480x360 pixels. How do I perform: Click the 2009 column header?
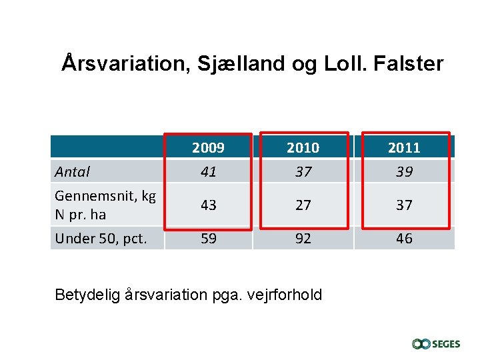click(208, 147)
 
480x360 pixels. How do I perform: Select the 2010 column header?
click(303, 147)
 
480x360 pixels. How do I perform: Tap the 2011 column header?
click(404, 147)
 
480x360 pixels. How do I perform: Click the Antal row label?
click(72, 172)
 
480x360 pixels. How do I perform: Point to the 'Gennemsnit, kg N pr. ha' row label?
click(105, 205)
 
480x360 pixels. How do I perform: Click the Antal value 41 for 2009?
click(208, 172)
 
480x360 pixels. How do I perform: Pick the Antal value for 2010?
click(303, 172)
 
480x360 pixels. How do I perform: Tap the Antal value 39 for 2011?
click(404, 172)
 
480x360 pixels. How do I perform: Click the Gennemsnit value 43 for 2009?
click(208, 205)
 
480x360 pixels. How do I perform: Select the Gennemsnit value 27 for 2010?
click(303, 205)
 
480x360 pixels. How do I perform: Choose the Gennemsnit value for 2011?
click(404, 205)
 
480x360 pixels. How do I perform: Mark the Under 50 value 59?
click(208, 239)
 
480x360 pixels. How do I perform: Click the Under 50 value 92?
click(303, 239)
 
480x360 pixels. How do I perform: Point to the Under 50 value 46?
click(404, 239)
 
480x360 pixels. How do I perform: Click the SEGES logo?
click(436, 344)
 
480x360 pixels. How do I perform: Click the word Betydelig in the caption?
click(87, 294)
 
